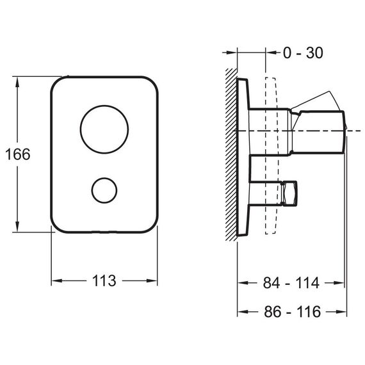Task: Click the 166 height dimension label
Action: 18,154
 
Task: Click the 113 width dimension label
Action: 104,280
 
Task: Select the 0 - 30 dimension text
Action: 303,53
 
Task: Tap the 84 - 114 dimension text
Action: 291,283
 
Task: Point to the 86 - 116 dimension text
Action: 293,311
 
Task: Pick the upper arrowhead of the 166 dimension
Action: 17,82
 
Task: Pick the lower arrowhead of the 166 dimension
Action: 17,226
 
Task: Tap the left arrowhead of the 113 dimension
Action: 57,280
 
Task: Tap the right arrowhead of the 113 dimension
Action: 152,280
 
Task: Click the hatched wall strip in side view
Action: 231,154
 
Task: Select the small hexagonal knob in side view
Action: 289,193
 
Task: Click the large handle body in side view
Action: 317,132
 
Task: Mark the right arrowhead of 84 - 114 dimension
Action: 339,283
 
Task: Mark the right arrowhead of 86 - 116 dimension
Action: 341,311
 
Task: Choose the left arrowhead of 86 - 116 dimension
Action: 243,311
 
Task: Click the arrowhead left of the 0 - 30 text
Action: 272,53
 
